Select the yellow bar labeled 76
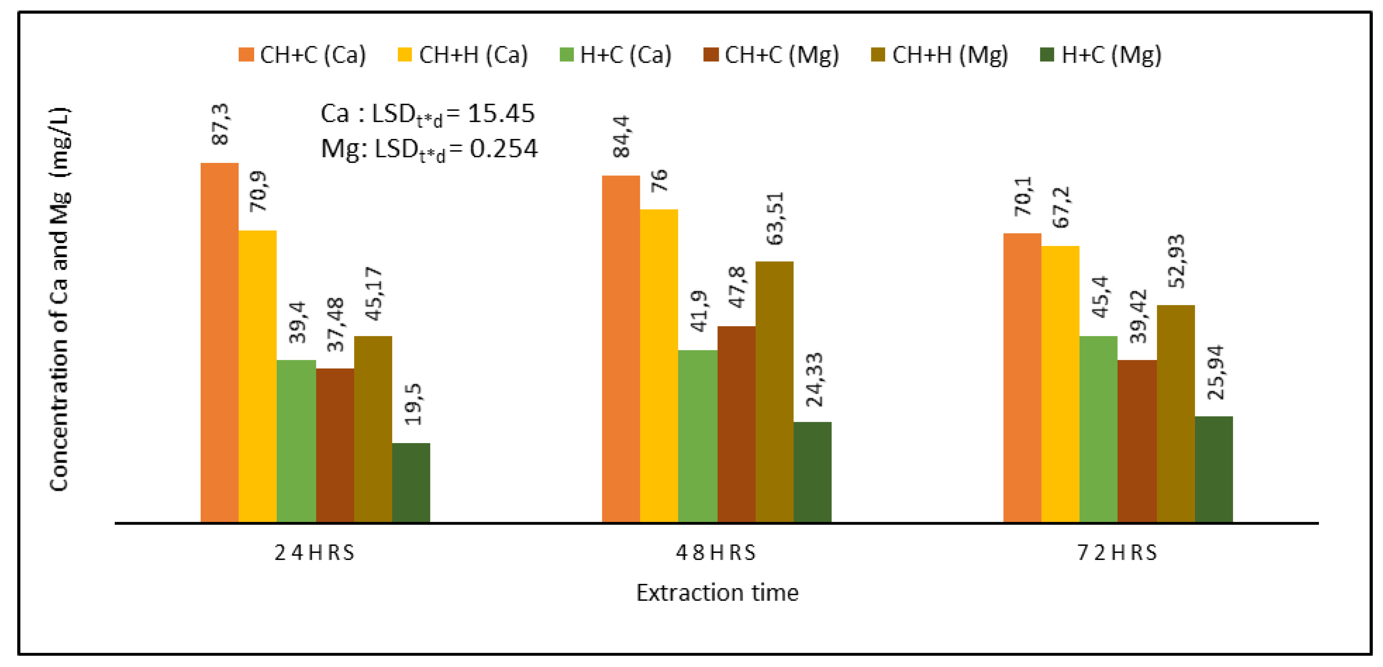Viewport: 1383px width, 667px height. [659, 365]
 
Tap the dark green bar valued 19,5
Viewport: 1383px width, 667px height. [411, 482]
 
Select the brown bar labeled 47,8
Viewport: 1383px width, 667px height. [736, 424]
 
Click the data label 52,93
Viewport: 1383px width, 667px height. [1176, 261]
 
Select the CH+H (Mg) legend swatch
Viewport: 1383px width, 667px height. [878, 55]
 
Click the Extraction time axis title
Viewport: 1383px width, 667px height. [717, 592]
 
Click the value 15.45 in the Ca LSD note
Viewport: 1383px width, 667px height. [501, 113]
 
